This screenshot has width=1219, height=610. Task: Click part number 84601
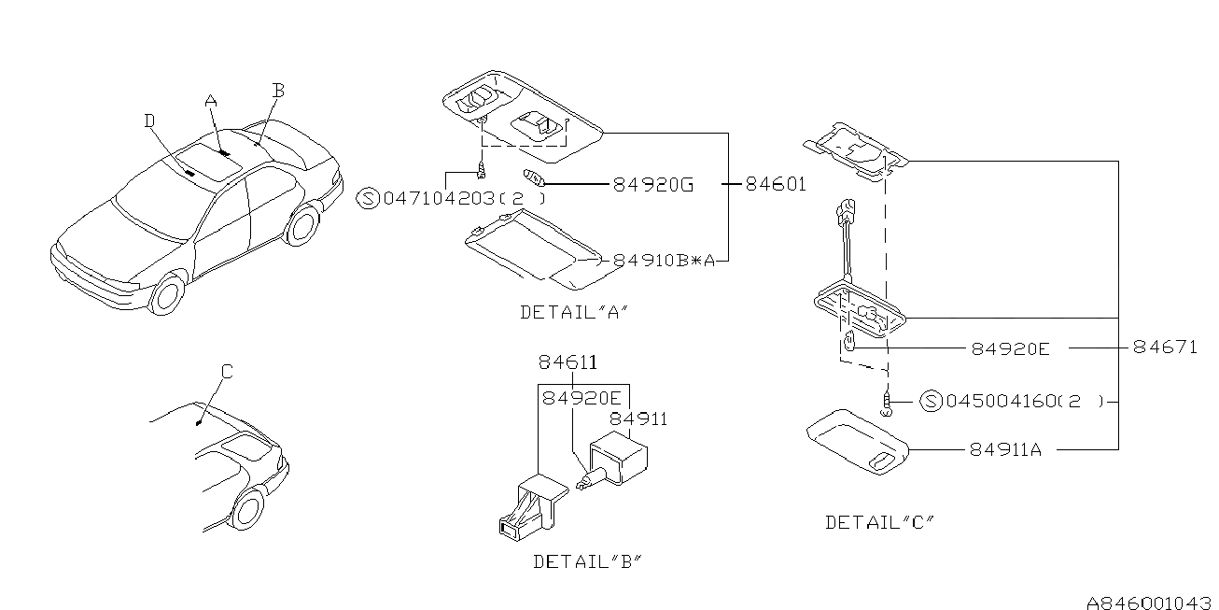775,185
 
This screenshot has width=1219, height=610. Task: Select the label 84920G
652,185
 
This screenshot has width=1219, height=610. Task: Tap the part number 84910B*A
664,262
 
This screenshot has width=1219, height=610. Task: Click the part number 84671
1164,348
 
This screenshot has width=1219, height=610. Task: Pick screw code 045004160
1001,402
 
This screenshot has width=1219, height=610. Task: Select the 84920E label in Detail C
1010,348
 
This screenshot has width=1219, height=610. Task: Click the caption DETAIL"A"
572,313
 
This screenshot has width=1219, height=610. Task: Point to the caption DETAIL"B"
587,561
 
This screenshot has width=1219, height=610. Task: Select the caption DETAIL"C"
879,522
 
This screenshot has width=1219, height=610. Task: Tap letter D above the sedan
149,120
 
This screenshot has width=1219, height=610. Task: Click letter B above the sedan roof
277,91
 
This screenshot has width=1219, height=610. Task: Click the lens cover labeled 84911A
857,442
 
